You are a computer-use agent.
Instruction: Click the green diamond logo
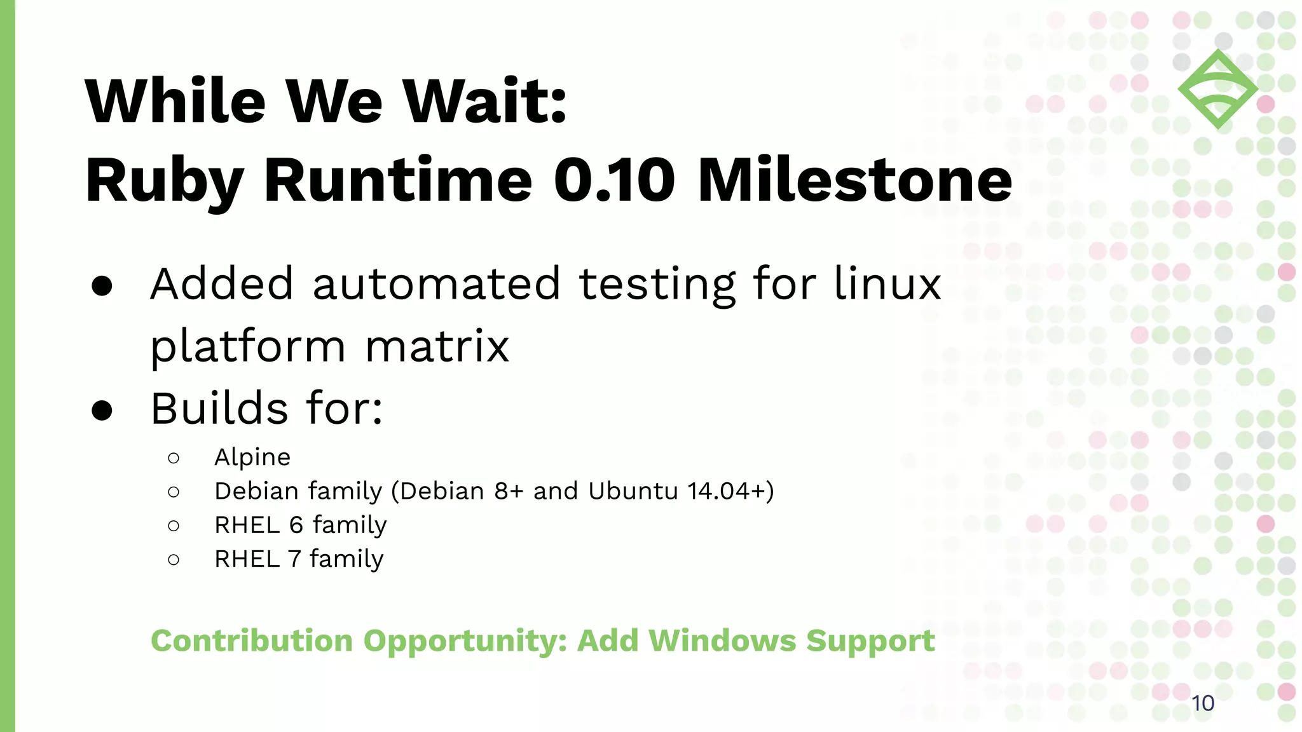pyautogui.click(x=1217, y=89)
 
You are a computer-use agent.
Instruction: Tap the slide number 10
pyautogui.click(x=1202, y=703)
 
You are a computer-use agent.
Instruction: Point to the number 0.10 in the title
pyautogui.click(x=614, y=181)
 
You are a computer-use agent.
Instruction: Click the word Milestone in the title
pyautogui.click(x=854, y=181)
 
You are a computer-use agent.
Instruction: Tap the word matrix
pyautogui.click(x=437, y=346)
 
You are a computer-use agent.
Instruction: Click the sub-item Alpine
pyautogui.click(x=252, y=457)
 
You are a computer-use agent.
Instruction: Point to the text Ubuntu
pyautogui.click(x=633, y=491)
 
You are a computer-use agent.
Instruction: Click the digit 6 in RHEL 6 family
pyautogui.click(x=296, y=525)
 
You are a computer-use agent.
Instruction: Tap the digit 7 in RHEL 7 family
pyautogui.click(x=294, y=559)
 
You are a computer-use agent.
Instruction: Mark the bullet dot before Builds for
pyautogui.click(x=102, y=410)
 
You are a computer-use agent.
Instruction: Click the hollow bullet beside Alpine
pyautogui.click(x=174, y=458)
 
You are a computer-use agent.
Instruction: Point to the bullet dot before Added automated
pyautogui.click(x=102, y=286)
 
